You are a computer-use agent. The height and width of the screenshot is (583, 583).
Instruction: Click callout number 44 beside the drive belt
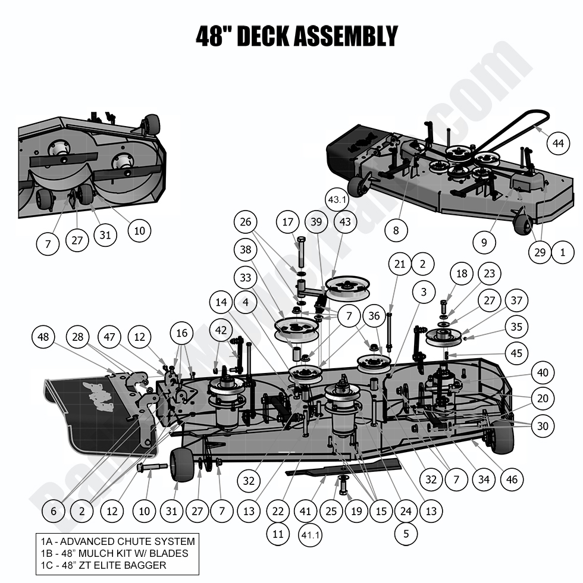[x=557, y=143]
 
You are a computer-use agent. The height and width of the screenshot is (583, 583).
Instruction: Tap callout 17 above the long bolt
[x=288, y=222]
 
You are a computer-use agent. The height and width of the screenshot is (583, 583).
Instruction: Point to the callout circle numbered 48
[x=42, y=337]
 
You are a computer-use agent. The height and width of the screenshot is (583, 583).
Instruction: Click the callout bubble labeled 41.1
[x=310, y=535]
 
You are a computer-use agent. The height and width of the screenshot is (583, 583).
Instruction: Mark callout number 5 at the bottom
[x=406, y=534]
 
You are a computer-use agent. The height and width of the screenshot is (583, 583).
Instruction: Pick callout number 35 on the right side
[x=516, y=327]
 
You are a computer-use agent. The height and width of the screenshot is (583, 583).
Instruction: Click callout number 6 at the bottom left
[x=54, y=510]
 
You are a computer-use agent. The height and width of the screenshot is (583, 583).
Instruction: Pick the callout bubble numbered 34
[x=484, y=479]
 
